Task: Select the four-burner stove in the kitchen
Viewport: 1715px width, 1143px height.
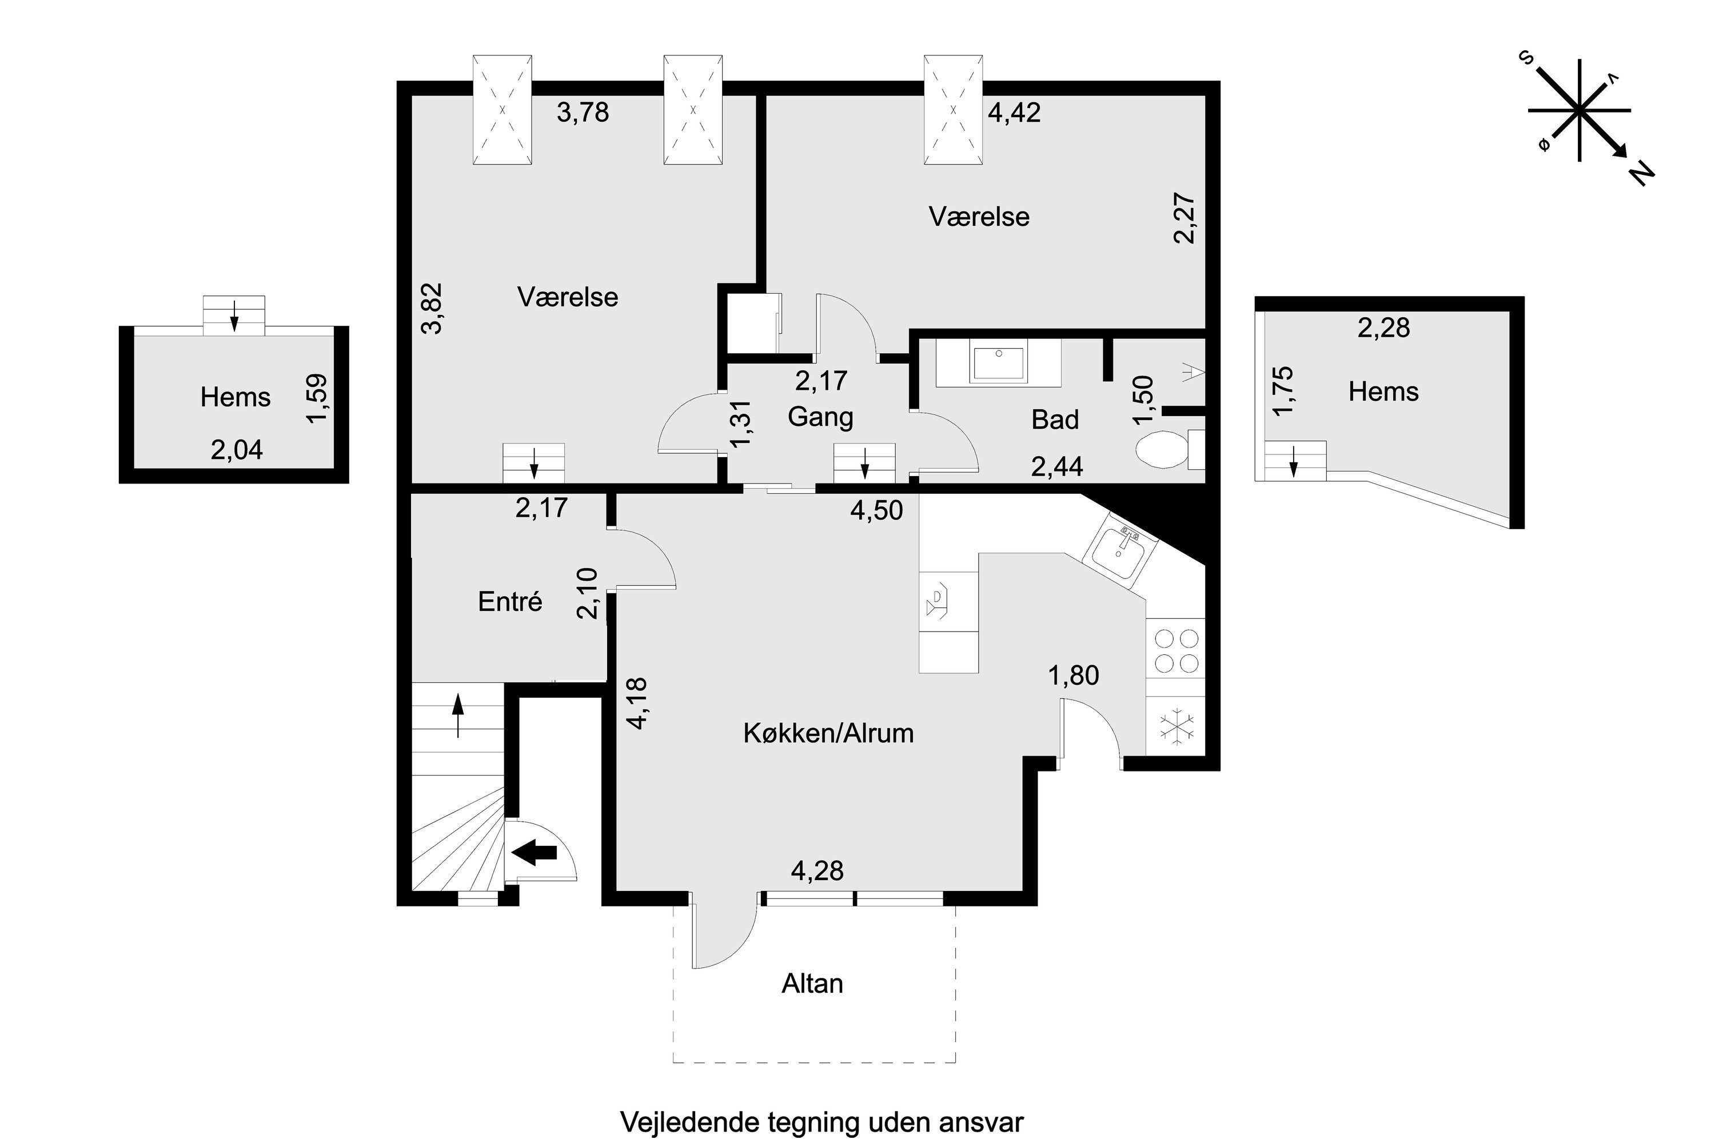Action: pyautogui.click(x=1175, y=649)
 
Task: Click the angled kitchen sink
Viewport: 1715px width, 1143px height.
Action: pyautogui.click(x=1120, y=548)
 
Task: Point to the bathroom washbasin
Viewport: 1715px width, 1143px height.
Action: pyautogui.click(x=998, y=365)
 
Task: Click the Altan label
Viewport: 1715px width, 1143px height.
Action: pyautogui.click(x=812, y=984)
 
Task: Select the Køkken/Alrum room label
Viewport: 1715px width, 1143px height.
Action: pyautogui.click(x=828, y=733)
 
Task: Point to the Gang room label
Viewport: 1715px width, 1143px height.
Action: pyautogui.click(x=820, y=417)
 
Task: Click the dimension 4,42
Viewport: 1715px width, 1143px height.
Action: pyautogui.click(x=1014, y=113)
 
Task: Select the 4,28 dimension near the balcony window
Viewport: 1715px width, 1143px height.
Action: pyautogui.click(x=817, y=870)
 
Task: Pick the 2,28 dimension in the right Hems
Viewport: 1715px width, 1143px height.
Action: pyautogui.click(x=1383, y=328)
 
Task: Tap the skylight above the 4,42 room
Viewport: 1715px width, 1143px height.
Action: pyautogui.click(x=954, y=110)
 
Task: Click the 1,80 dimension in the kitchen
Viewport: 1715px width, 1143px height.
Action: pyautogui.click(x=1074, y=676)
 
